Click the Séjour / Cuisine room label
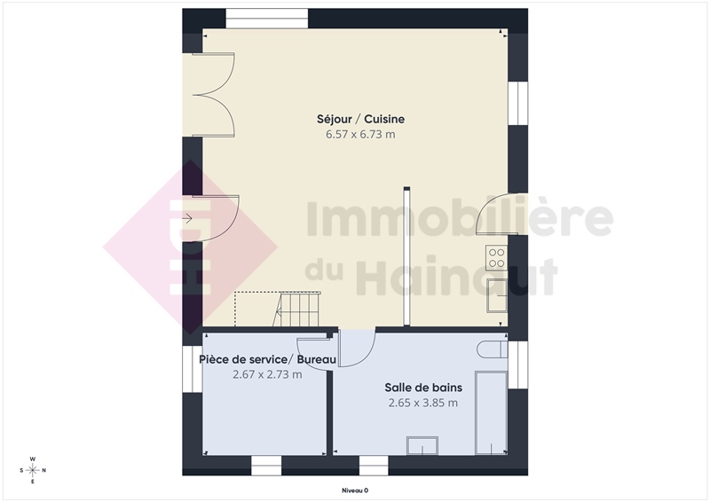coord(360,119)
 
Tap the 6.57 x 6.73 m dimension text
coord(360,135)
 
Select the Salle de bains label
coord(423,388)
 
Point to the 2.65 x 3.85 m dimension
coord(423,403)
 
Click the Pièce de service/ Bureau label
coord(268,359)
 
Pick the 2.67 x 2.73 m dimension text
coord(267,374)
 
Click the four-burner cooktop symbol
coord(496,257)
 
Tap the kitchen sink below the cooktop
coord(497,295)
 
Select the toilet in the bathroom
coord(493,349)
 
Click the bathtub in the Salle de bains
coord(491,412)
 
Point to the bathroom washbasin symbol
coord(422,445)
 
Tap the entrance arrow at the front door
coord(187,219)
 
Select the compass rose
coord(33,470)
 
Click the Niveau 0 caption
coord(355,490)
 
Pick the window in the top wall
coord(267,19)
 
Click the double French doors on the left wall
coord(213,95)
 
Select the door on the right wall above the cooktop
coord(497,214)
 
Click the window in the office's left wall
coord(193,369)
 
